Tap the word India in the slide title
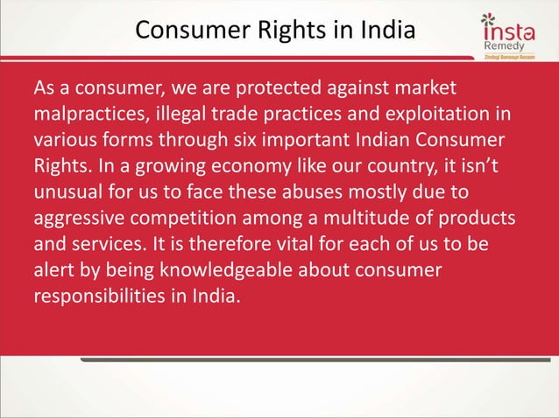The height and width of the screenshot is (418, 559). coord(383,31)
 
